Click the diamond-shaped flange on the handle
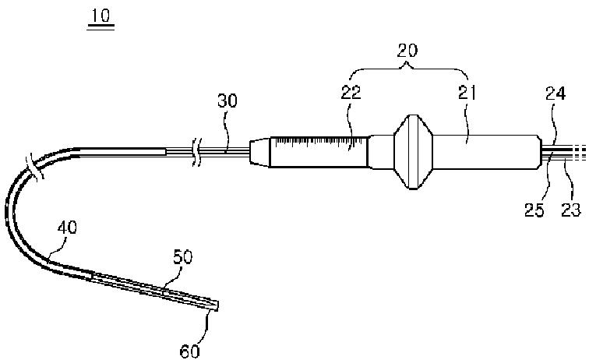point(411,153)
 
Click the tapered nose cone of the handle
point(259,152)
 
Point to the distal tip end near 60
point(217,307)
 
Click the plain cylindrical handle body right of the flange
point(483,152)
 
